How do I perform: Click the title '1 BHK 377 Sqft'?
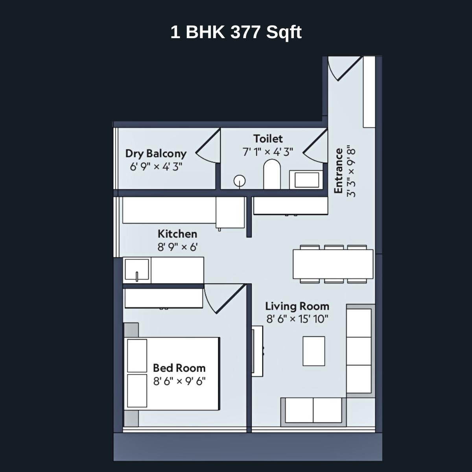236,32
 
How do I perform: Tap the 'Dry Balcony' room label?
156,153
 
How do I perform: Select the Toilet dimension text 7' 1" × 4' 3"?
268,152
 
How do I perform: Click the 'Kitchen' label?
177,234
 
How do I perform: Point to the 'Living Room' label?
297,306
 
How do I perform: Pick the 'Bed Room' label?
179,368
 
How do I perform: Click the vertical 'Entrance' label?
338,171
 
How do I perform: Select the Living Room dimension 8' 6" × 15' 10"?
297,319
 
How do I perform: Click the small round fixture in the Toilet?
240,181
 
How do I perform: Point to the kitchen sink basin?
137,269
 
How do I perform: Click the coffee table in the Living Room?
314,351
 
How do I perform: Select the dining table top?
333,264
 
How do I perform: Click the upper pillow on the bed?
137,356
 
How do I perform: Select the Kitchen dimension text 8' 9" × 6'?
177,247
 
